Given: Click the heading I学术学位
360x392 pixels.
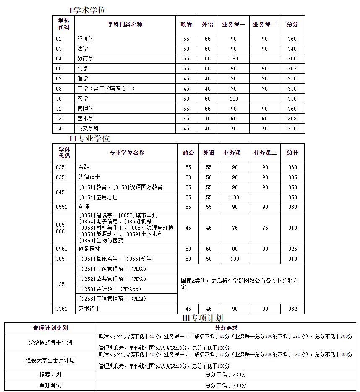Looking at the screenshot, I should [x=87, y=10].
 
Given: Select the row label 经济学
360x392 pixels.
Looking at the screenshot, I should [x=85, y=39].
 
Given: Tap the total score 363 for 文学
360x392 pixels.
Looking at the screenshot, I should [x=292, y=68].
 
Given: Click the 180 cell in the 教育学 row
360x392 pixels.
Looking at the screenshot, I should [x=233, y=59].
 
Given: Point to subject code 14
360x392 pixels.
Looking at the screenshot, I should [x=59, y=129].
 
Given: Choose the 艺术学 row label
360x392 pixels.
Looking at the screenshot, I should [x=85, y=119].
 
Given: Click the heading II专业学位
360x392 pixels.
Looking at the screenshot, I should [x=89, y=138].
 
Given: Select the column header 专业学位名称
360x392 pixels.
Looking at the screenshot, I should [x=126, y=153].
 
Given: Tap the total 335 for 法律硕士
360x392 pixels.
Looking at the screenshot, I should [x=292, y=177].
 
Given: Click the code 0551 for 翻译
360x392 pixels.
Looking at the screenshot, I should [x=61, y=207].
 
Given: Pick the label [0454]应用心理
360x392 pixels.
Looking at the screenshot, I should [x=98, y=197].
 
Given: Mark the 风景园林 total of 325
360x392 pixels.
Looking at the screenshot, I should [x=292, y=249].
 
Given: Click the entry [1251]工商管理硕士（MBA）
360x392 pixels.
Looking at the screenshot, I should [x=113, y=269].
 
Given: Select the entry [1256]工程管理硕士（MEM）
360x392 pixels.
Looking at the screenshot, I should [x=113, y=299].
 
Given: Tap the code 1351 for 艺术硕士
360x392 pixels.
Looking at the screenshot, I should [x=61, y=309].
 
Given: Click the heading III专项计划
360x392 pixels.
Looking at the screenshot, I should [x=202, y=318].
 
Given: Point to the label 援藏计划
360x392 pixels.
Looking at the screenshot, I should [x=50, y=374].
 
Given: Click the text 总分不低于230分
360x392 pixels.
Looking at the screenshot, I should [x=226, y=374].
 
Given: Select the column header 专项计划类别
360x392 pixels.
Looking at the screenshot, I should [x=50, y=328].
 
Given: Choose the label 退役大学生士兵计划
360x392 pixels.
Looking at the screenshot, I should [x=50, y=360].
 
